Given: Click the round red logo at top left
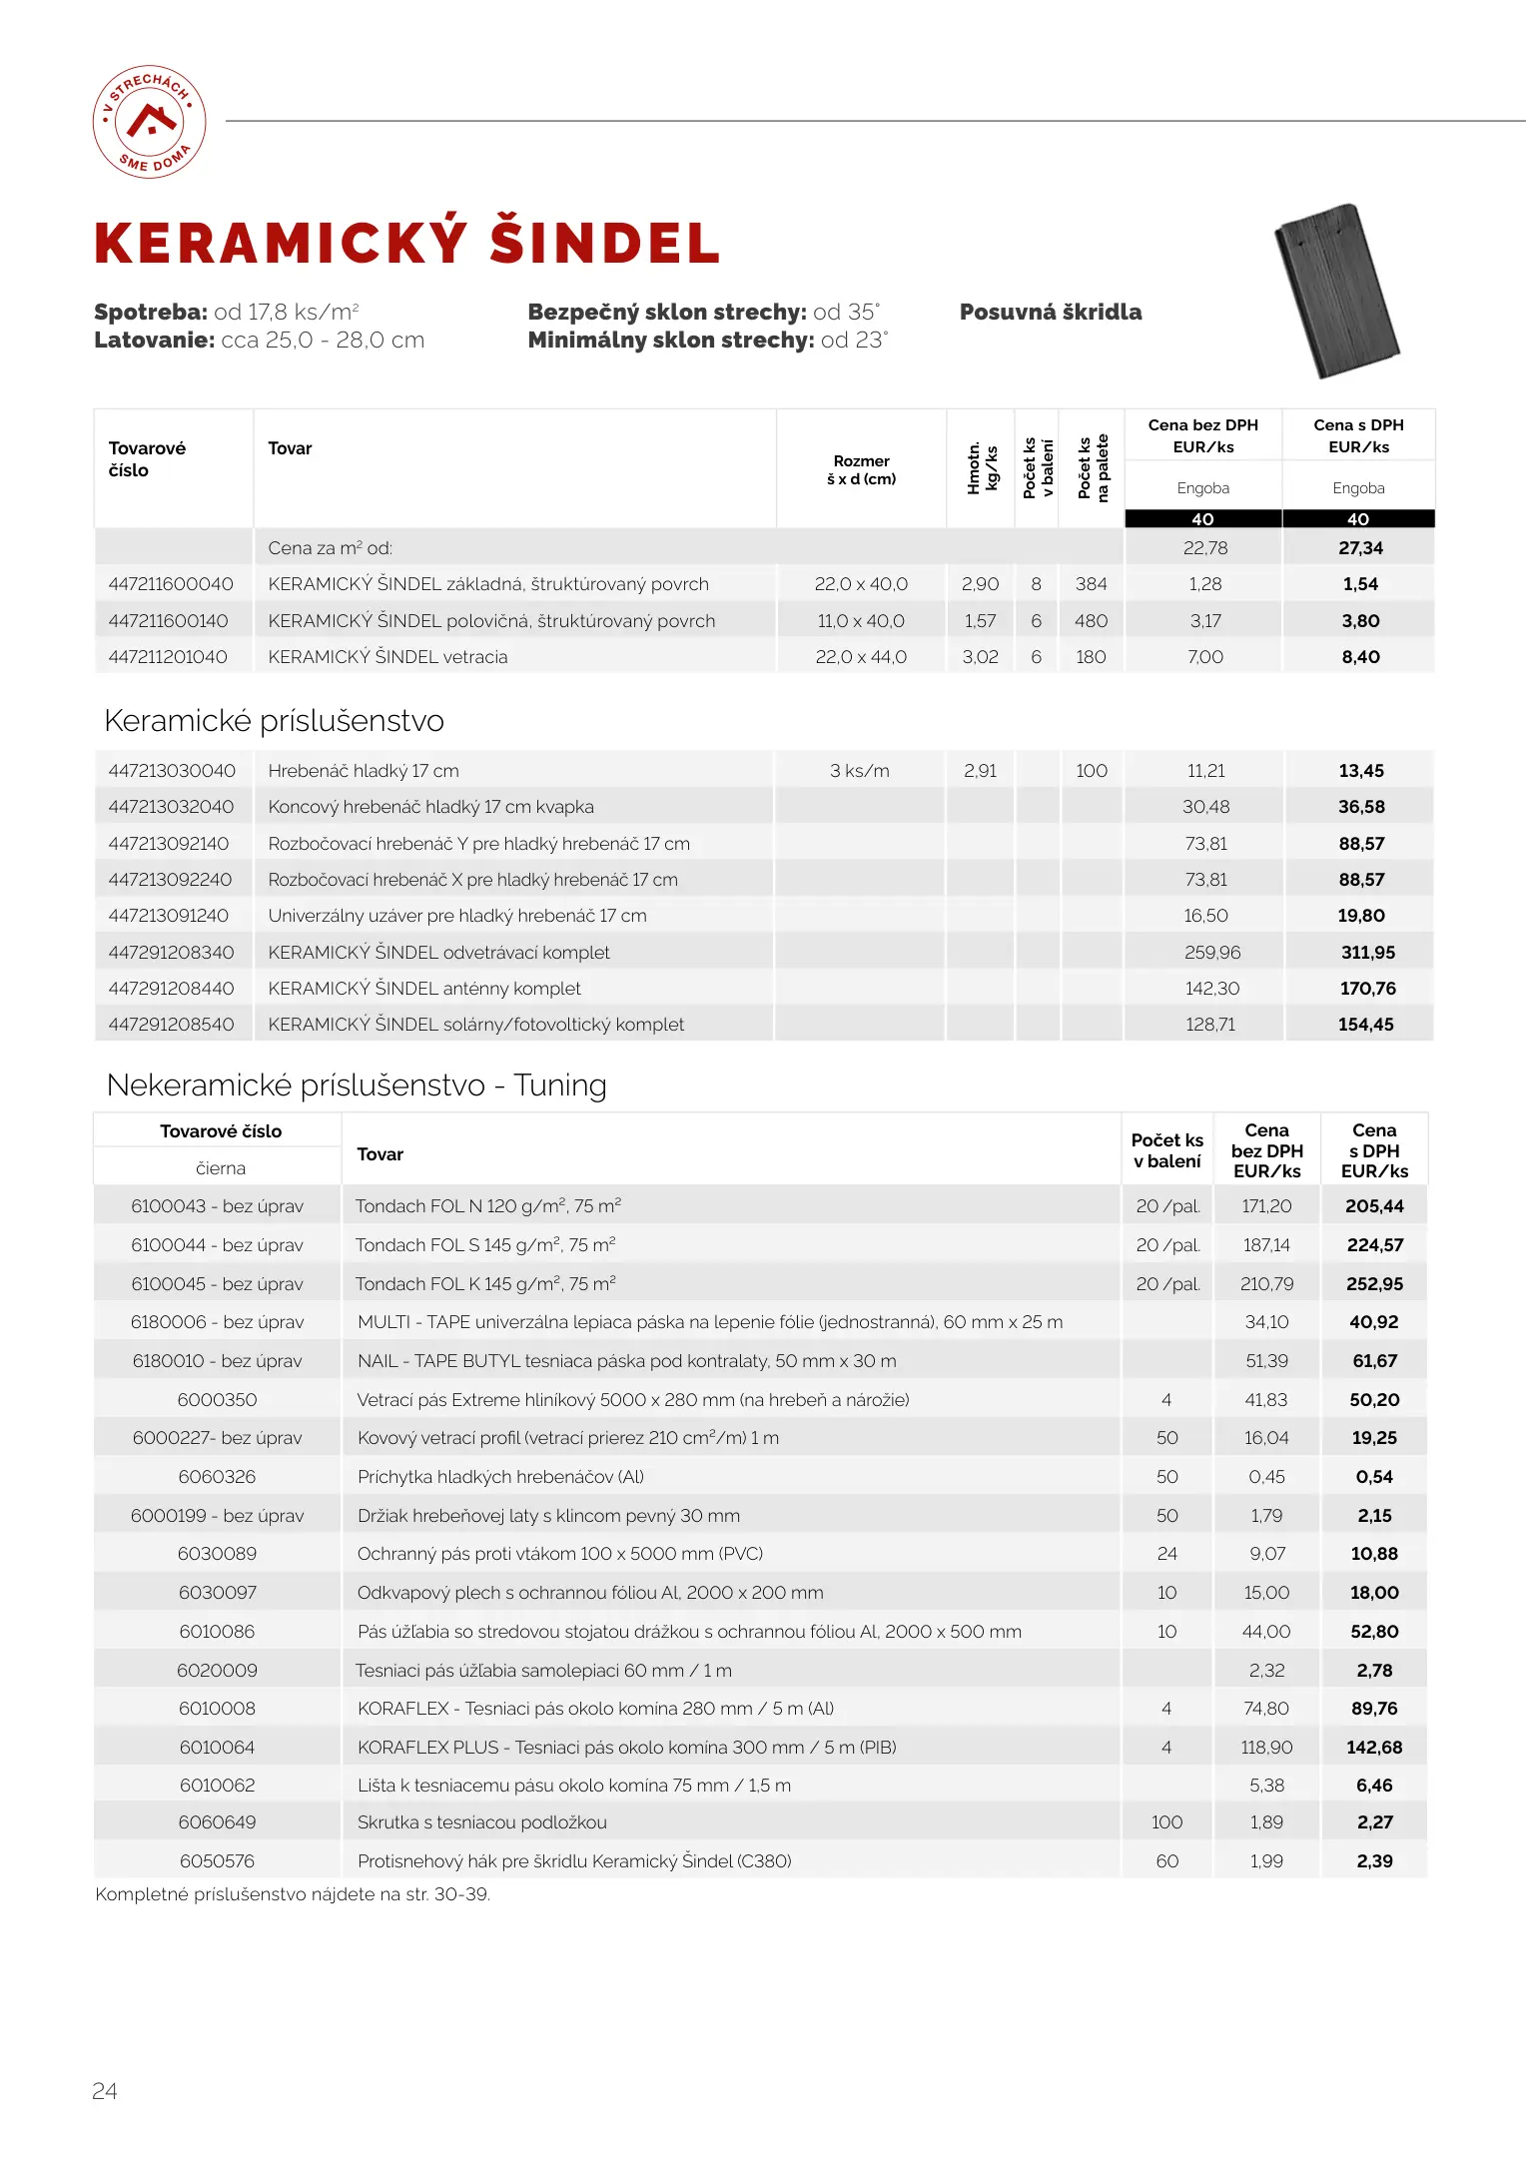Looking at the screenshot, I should (150, 122).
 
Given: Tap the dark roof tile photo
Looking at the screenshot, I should (1337, 291).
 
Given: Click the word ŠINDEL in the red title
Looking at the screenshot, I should (605, 243).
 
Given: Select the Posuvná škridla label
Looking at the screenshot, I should (1051, 312).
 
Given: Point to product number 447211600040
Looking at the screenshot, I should (171, 584).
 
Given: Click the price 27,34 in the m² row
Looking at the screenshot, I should (1360, 548).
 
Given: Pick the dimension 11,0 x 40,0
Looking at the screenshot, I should (861, 621).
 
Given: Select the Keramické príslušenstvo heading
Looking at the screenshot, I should (274, 721).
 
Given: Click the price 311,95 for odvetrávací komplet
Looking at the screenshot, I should (1367, 953).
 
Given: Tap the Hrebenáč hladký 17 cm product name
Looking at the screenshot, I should (364, 771).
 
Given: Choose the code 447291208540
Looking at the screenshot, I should (171, 1025).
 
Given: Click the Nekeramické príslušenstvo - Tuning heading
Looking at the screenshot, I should (357, 1085).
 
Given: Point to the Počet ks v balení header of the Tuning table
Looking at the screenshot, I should (1166, 1150).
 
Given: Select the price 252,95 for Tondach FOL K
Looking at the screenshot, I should (1374, 1284).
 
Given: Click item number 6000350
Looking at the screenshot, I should (217, 1400).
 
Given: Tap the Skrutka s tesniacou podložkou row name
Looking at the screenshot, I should (482, 1822).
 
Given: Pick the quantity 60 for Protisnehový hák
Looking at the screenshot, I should (1166, 1861).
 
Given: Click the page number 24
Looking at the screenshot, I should (105, 2091).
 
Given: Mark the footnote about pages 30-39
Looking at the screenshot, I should (293, 1894).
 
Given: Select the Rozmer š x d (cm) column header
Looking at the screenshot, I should (861, 469).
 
